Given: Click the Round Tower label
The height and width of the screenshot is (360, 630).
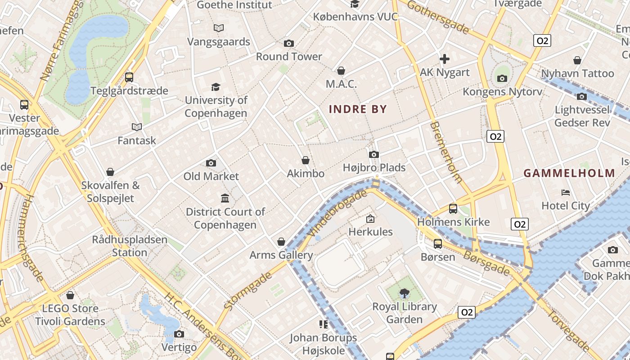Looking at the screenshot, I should [x=289, y=57].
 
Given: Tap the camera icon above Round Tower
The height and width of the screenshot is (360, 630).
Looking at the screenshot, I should [x=289, y=43].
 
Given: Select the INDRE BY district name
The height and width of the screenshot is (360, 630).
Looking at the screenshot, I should [x=358, y=109].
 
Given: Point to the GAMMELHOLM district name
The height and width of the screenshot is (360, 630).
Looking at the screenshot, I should [x=569, y=173].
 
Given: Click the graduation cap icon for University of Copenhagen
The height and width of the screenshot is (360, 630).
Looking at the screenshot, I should [x=216, y=87].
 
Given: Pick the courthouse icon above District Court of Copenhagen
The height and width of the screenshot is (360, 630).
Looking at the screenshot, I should [x=225, y=198].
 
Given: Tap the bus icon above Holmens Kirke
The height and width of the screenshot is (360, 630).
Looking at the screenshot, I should [x=453, y=209].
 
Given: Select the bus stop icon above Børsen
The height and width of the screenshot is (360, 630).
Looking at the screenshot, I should [x=437, y=244].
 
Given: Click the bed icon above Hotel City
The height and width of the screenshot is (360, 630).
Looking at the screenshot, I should [x=566, y=193].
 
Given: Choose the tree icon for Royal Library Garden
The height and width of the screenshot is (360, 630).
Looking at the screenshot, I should [x=404, y=293].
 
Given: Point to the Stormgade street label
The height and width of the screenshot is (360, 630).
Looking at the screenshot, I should [x=248, y=290].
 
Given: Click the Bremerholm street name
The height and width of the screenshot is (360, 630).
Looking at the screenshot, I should [x=446, y=152].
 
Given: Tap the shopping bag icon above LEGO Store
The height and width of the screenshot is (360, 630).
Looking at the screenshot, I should [x=70, y=295].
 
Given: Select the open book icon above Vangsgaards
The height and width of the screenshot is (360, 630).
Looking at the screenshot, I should [x=219, y=28].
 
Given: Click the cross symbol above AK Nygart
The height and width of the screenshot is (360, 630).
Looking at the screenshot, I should [x=445, y=59].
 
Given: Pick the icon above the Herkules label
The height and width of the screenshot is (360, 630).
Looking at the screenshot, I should [x=370, y=219].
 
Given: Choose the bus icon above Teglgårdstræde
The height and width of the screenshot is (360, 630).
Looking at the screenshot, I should [x=129, y=77].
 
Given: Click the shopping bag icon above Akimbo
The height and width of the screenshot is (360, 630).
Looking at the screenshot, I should [x=306, y=160].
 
